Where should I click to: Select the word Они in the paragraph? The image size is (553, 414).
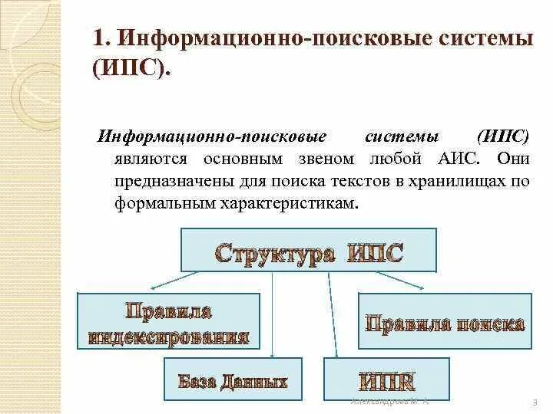click(x=513, y=159)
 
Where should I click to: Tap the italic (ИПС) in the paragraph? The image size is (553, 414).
click(x=502, y=136)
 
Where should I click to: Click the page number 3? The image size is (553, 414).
click(x=533, y=402)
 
